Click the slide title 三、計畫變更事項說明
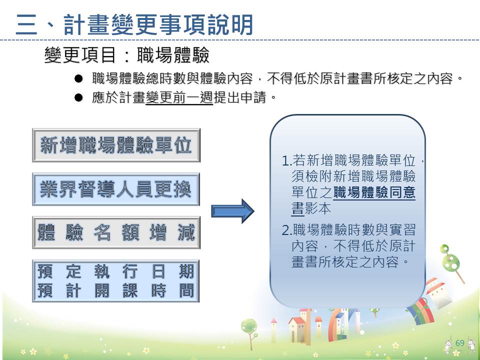134,25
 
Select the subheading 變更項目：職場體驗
126,55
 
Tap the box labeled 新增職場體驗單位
116,145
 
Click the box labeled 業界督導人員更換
116,189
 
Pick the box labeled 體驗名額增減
116,232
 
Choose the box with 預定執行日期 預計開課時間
116,281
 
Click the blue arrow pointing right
232,211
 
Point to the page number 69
460,343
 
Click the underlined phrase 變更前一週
179,97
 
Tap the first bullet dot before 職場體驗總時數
78,78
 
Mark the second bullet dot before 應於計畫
78,97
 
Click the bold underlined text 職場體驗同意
374,192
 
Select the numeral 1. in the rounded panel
287,160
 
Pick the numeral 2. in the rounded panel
287,230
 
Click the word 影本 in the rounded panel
318,208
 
